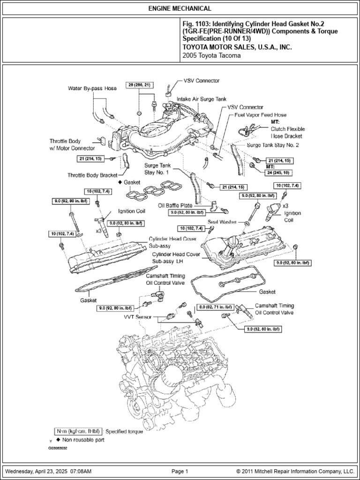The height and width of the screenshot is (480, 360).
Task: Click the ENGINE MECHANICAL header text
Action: point(180,8)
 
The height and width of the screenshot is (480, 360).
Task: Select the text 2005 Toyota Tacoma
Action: point(211,55)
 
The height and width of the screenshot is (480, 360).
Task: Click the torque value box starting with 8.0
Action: point(215,307)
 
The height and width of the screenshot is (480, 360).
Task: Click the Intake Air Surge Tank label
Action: point(201,100)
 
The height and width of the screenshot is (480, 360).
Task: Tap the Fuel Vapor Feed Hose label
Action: point(260,115)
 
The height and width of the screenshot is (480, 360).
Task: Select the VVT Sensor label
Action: point(139,317)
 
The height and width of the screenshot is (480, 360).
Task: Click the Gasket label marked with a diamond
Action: point(132,181)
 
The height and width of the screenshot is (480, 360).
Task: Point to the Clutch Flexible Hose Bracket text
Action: point(285,132)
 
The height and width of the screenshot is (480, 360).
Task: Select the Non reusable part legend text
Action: point(83,440)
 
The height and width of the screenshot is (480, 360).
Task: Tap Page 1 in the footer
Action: point(180,471)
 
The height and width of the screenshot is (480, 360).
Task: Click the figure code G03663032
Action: point(58,448)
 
